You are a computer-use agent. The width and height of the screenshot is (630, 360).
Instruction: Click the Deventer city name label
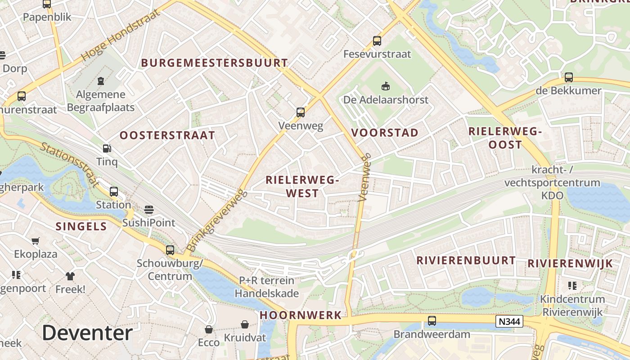point(87,333)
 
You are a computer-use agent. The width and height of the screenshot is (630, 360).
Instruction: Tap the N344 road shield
point(509,321)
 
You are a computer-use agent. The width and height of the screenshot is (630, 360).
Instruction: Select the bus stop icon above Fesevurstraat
point(377,41)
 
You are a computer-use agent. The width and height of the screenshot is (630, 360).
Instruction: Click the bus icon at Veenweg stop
point(301,112)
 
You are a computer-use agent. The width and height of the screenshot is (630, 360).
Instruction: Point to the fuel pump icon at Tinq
point(107,148)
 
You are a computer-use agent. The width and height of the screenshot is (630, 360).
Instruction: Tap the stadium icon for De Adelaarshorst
point(386,86)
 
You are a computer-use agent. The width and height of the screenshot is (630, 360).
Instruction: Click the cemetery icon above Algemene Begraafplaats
point(101,81)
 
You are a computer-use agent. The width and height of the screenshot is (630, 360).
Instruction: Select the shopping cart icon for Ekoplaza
point(36,241)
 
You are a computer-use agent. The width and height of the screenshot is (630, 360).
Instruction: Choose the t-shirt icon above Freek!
point(70,276)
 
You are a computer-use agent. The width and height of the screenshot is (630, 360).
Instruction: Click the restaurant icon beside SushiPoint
point(149,210)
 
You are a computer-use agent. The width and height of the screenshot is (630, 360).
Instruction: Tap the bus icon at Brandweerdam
point(432,321)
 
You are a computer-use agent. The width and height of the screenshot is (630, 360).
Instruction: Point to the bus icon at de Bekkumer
point(569,77)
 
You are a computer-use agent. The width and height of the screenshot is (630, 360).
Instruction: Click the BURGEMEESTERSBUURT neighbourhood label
point(215,63)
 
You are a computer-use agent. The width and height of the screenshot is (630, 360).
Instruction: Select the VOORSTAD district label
point(385,133)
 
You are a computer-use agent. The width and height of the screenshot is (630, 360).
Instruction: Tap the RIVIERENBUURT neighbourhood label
point(466,261)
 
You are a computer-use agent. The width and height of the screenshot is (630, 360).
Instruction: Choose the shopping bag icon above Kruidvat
point(245,324)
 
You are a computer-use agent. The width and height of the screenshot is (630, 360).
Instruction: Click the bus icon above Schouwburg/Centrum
point(170,250)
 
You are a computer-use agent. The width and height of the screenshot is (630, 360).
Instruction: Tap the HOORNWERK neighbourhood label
point(301,315)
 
